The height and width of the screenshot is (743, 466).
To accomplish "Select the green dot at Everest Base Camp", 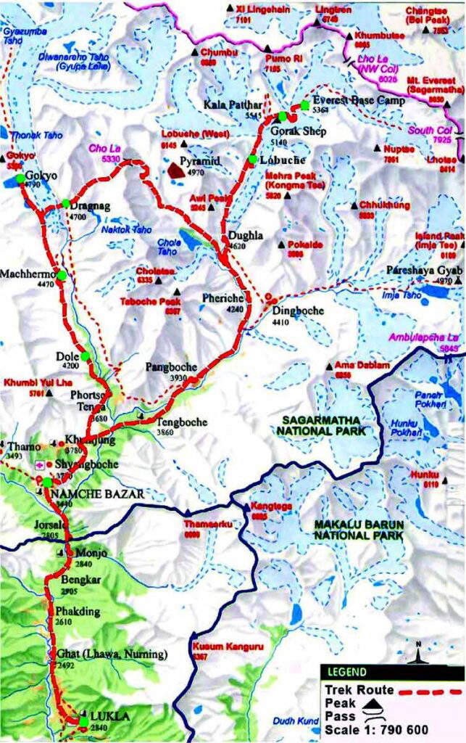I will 305,106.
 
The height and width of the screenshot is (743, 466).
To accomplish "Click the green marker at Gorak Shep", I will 283,116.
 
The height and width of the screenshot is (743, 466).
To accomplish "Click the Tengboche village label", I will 182,422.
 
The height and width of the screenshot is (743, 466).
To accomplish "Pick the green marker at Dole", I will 86,356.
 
